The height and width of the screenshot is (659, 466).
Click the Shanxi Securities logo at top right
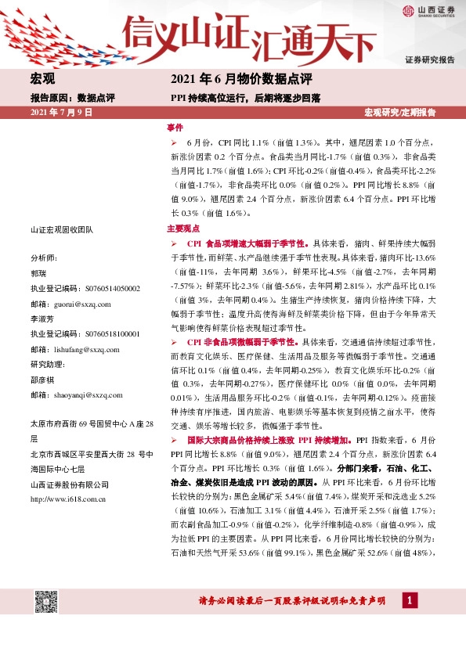point(426,11)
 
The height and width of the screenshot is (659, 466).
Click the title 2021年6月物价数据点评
point(241,79)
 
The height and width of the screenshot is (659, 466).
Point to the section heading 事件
point(175,126)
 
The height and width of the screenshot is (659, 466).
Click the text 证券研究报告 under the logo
point(429,60)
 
